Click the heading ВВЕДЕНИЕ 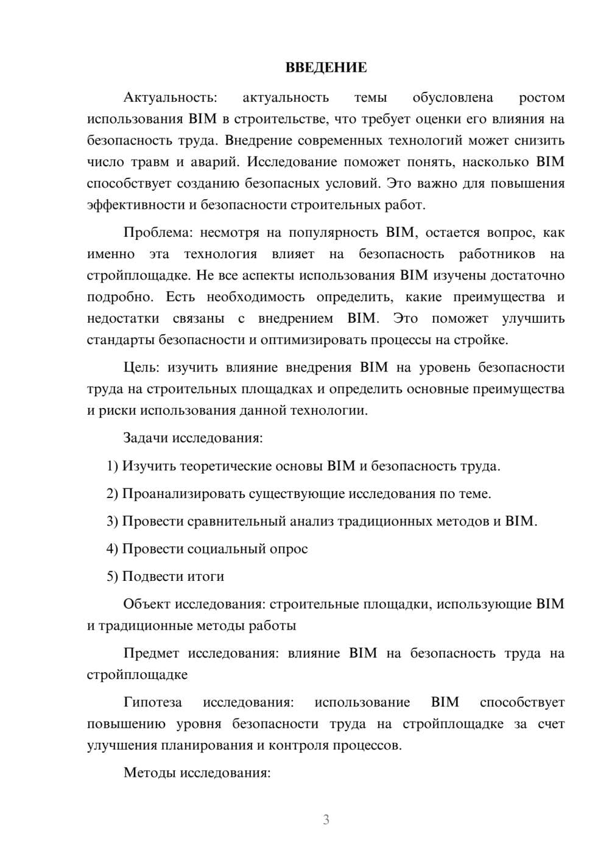coord(326,68)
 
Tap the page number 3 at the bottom coord(326,820)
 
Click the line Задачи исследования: coord(192,438)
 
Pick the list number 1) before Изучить coord(112,466)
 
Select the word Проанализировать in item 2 coord(183,494)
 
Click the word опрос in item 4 coord(290,549)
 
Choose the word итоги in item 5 coord(205,576)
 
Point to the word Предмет coord(151,653)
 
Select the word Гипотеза coord(152,702)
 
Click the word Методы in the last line coord(148,773)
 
